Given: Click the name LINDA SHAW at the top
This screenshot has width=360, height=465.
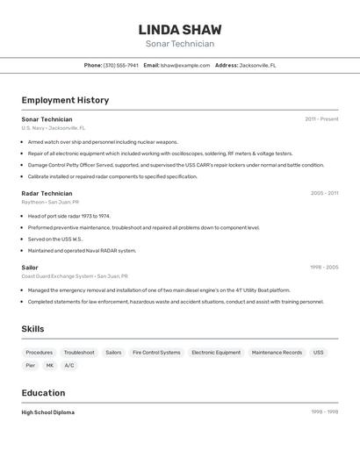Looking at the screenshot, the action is coord(180,29).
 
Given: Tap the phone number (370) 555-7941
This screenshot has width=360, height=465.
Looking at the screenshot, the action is coord(121,65).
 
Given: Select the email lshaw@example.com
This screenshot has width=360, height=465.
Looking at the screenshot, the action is coord(184,65).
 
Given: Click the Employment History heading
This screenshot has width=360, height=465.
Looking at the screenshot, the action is coord(65,100).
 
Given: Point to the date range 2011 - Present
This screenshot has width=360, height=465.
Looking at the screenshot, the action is coord(321,119).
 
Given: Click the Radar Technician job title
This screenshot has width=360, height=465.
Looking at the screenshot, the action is coord(47,193).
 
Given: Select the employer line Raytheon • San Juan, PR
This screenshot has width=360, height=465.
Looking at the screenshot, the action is coord(50,202).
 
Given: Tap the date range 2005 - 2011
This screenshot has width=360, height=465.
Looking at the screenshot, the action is coord(324,193).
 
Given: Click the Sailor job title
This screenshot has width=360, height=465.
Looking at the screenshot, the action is coord(30,268).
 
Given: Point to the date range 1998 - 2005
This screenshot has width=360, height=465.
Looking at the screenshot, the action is coord(324,268).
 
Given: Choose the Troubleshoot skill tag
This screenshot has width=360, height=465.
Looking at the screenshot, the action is coord(79,352).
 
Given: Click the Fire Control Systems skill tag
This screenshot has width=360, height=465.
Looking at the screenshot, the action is coord(156,352).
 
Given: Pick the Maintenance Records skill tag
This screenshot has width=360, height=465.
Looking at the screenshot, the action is coord(277,352).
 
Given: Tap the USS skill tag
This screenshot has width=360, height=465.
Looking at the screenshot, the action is coord(318,352).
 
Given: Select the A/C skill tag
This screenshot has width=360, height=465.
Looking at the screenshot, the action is coord(69,365).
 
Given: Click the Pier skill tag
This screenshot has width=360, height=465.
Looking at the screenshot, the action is coord(31,365).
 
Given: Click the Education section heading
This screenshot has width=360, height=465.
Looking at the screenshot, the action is coord(43,393).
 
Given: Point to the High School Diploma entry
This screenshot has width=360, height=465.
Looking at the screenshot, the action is coord(48,412).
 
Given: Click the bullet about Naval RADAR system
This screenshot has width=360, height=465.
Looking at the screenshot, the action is coord(82,250).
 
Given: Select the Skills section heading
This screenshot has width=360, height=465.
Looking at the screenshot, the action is coord(32,329).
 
